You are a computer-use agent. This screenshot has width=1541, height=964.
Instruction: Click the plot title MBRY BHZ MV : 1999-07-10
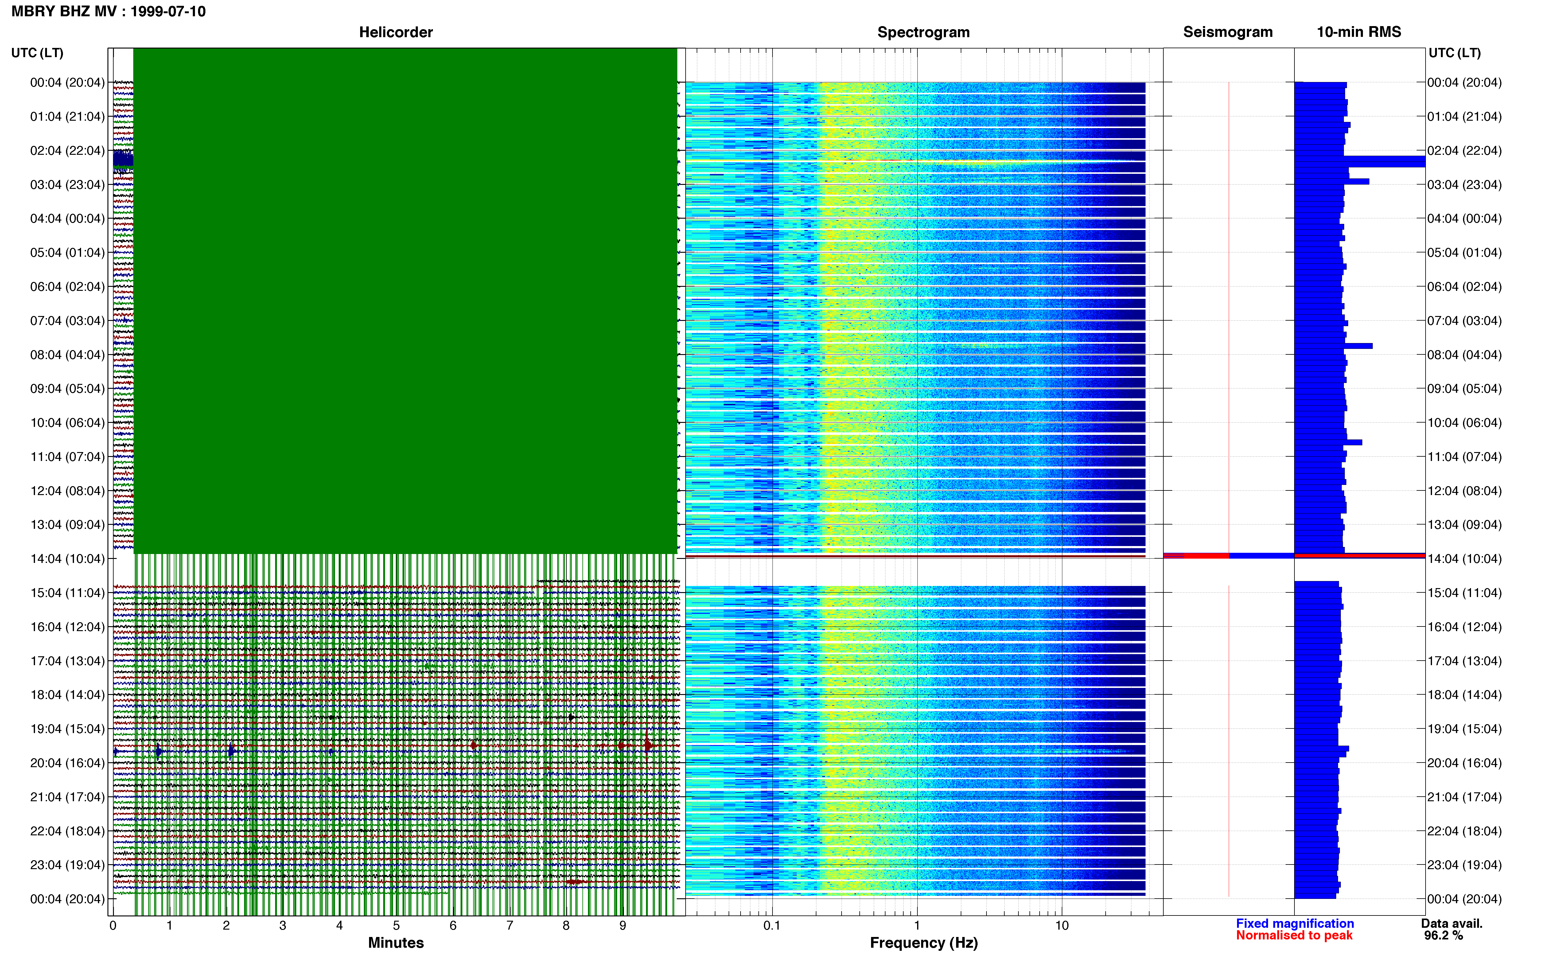coord(108,11)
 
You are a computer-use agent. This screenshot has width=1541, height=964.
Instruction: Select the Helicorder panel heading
coord(396,32)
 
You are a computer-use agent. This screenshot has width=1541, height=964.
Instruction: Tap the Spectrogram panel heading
coord(924,32)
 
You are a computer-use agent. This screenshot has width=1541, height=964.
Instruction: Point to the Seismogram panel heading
coord(1228,32)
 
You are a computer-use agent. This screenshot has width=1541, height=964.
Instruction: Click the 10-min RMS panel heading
coord(1359,32)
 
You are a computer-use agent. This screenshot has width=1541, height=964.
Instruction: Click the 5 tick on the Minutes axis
coord(396,925)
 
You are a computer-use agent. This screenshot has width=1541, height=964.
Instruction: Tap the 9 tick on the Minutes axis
coord(623,925)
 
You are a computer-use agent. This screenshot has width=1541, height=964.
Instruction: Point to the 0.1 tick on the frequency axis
coord(772,925)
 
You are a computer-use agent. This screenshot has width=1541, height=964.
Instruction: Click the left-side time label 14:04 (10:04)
coord(68,559)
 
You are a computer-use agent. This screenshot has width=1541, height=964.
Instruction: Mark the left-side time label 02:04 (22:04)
coord(68,150)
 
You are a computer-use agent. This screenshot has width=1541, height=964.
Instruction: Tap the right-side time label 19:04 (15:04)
coord(1465,729)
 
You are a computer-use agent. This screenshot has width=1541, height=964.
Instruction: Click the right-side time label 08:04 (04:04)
coord(1465,354)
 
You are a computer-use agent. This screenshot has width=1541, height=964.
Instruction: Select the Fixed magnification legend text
coord(1295,923)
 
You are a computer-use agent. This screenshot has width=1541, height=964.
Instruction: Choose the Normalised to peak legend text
coord(1294,935)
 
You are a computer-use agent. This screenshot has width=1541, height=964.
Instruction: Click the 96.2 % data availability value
coord(1443,935)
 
